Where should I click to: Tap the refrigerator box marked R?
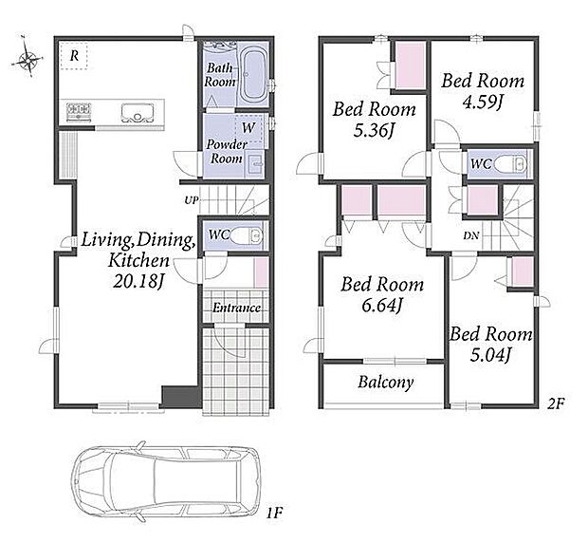point(74,56)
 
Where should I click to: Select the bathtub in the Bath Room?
point(253,75)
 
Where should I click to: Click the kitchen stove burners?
point(79,110)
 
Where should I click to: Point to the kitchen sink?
point(138,112)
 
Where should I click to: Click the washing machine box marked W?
point(248,127)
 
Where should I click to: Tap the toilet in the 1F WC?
point(246,235)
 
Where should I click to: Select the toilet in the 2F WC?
point(511,163)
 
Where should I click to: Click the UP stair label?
point(191,200)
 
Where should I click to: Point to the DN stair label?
point(471,235)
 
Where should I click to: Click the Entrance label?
point(237,309)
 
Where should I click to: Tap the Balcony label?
point(385,383)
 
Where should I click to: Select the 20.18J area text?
point(139,281)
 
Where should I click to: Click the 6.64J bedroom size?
point(382,305)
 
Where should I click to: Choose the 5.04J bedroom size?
point(490,354)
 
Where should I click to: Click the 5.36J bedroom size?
point(374,130)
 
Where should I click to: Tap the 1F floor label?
point(274,513)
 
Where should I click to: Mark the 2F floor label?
point(556,403)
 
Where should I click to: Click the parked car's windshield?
point(101,482)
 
